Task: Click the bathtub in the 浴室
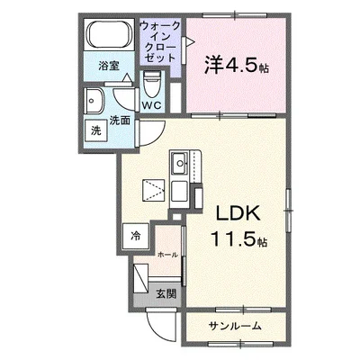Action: click(x=108, y=37)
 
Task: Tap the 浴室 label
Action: click(x=108, y=66)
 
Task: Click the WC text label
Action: click(x=151, y=105)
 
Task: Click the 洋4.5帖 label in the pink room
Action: click(x=230, y=64)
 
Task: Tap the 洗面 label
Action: click(x=119, y=118)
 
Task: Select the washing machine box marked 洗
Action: click(x=96, y=130)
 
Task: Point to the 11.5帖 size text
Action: click(x=238, y=241)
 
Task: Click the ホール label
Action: click(x=167, y=256)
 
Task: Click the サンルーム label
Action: click(x=235, y=325)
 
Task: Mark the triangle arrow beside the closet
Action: click(x=188, y=40)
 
